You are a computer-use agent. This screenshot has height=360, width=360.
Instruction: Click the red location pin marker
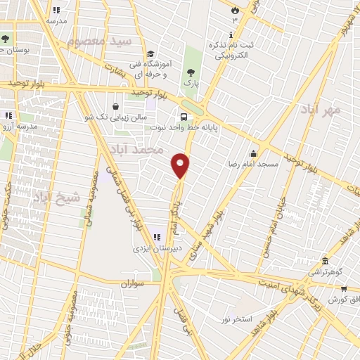click(181, 165)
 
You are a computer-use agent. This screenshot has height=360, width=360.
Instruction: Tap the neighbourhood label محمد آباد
click(136, 150)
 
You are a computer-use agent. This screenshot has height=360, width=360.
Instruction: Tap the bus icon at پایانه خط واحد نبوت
click(184, 117)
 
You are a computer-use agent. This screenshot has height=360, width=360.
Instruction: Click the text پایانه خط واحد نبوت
click(184, 128)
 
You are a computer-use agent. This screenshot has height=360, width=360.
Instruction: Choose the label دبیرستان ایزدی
click(158, 248)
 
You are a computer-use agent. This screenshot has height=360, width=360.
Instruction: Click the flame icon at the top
click(235, 9)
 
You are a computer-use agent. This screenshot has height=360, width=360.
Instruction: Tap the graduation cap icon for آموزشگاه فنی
click(150, 54)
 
